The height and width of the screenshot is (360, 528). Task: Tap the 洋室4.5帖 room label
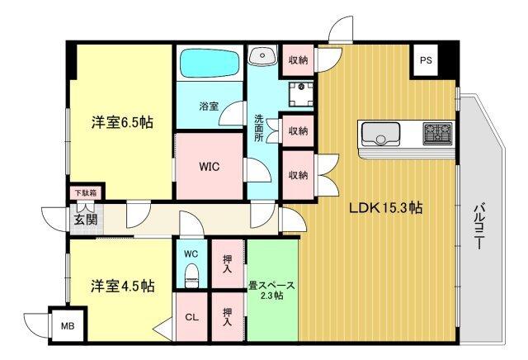121,287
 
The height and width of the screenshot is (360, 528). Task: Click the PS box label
425,60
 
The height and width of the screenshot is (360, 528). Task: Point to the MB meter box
67,325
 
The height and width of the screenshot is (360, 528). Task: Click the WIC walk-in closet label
209,164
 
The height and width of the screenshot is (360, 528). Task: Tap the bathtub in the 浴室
210,60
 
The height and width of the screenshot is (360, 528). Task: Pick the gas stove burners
437,131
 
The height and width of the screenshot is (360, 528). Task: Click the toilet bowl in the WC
191,274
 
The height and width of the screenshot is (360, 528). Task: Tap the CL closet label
191,316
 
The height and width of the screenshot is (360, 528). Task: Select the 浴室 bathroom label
209,106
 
